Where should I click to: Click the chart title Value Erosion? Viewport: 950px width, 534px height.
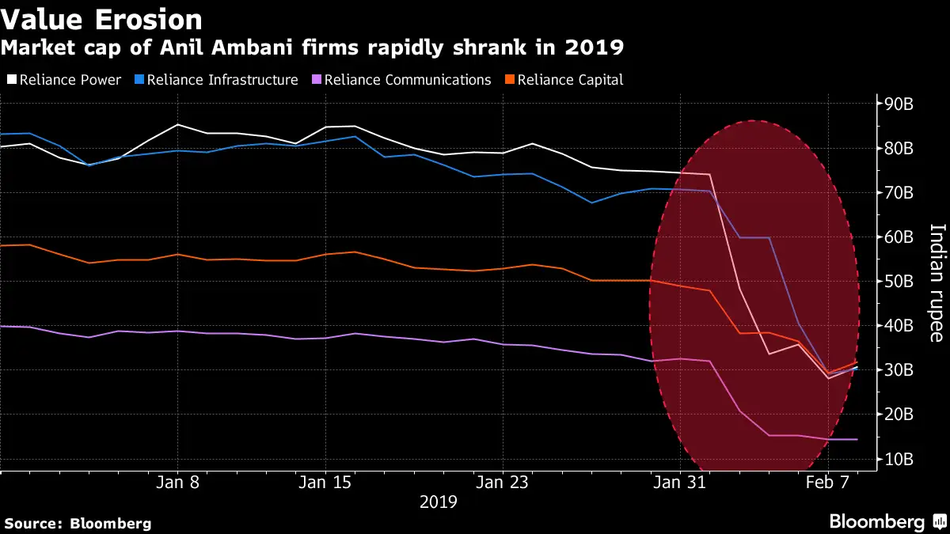coord(101,19)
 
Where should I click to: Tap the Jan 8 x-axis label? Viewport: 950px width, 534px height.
coord(177,482)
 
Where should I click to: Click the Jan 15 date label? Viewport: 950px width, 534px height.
coord(325,482)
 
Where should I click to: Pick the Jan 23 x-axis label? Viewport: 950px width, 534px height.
coord(503,482)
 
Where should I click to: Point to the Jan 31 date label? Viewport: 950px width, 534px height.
coord(680,482)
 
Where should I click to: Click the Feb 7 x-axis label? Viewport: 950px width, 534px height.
coord(828,482)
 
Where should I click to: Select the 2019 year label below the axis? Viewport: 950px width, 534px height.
coord(438,502)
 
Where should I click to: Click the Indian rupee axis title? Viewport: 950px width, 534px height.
coord(936,282)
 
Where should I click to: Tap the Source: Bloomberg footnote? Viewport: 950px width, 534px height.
coord(78,523)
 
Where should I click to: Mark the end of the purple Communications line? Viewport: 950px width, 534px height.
coord(857,439)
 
